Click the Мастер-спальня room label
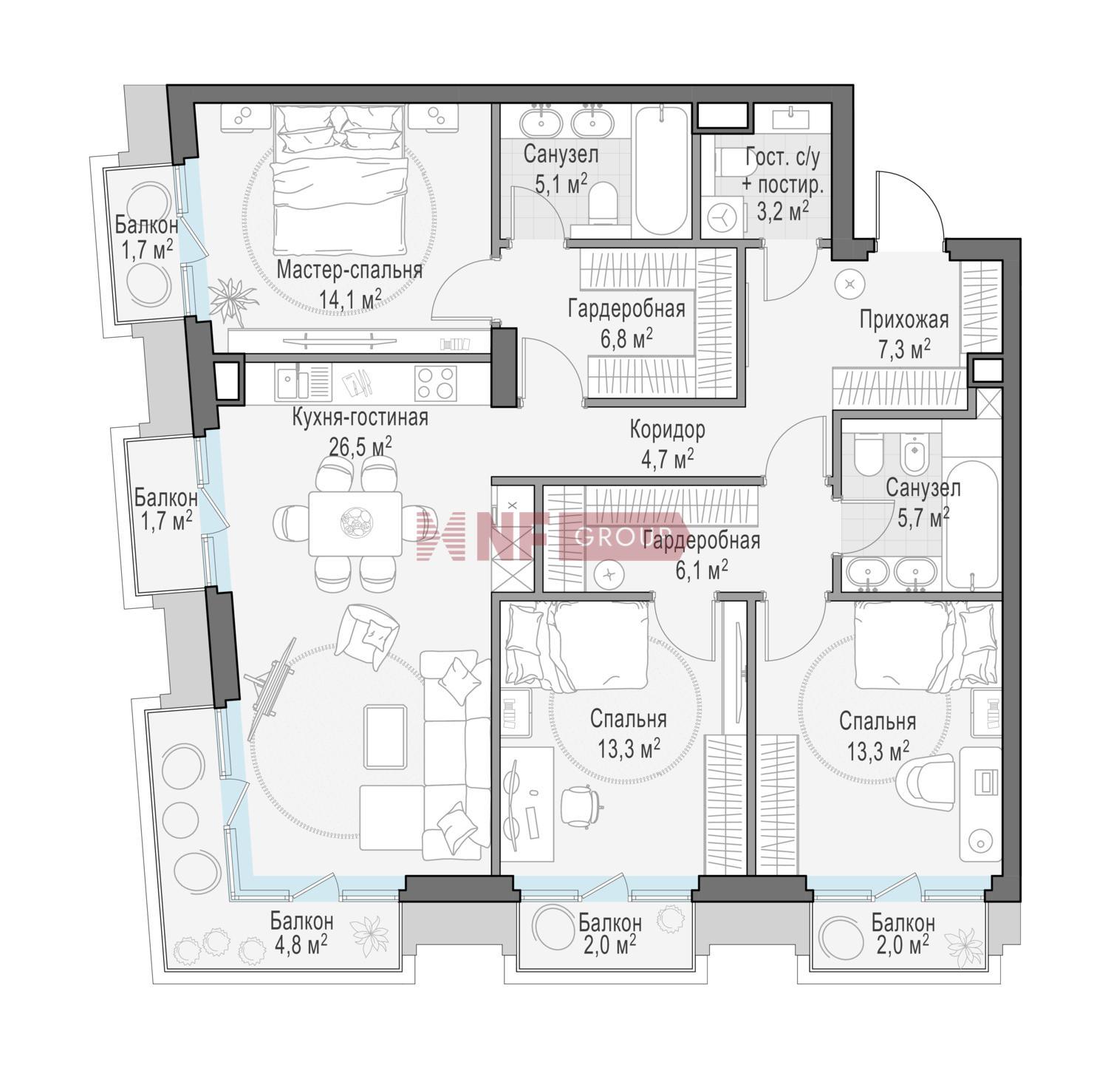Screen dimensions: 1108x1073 point(349,270)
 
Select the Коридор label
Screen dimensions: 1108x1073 point(667,429)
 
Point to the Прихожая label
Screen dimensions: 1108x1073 point(903,320)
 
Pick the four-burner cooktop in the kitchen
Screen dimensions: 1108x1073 point(435,384)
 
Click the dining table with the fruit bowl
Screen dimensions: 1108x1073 point(355,524)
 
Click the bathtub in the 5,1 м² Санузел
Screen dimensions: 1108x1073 point(662,170)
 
